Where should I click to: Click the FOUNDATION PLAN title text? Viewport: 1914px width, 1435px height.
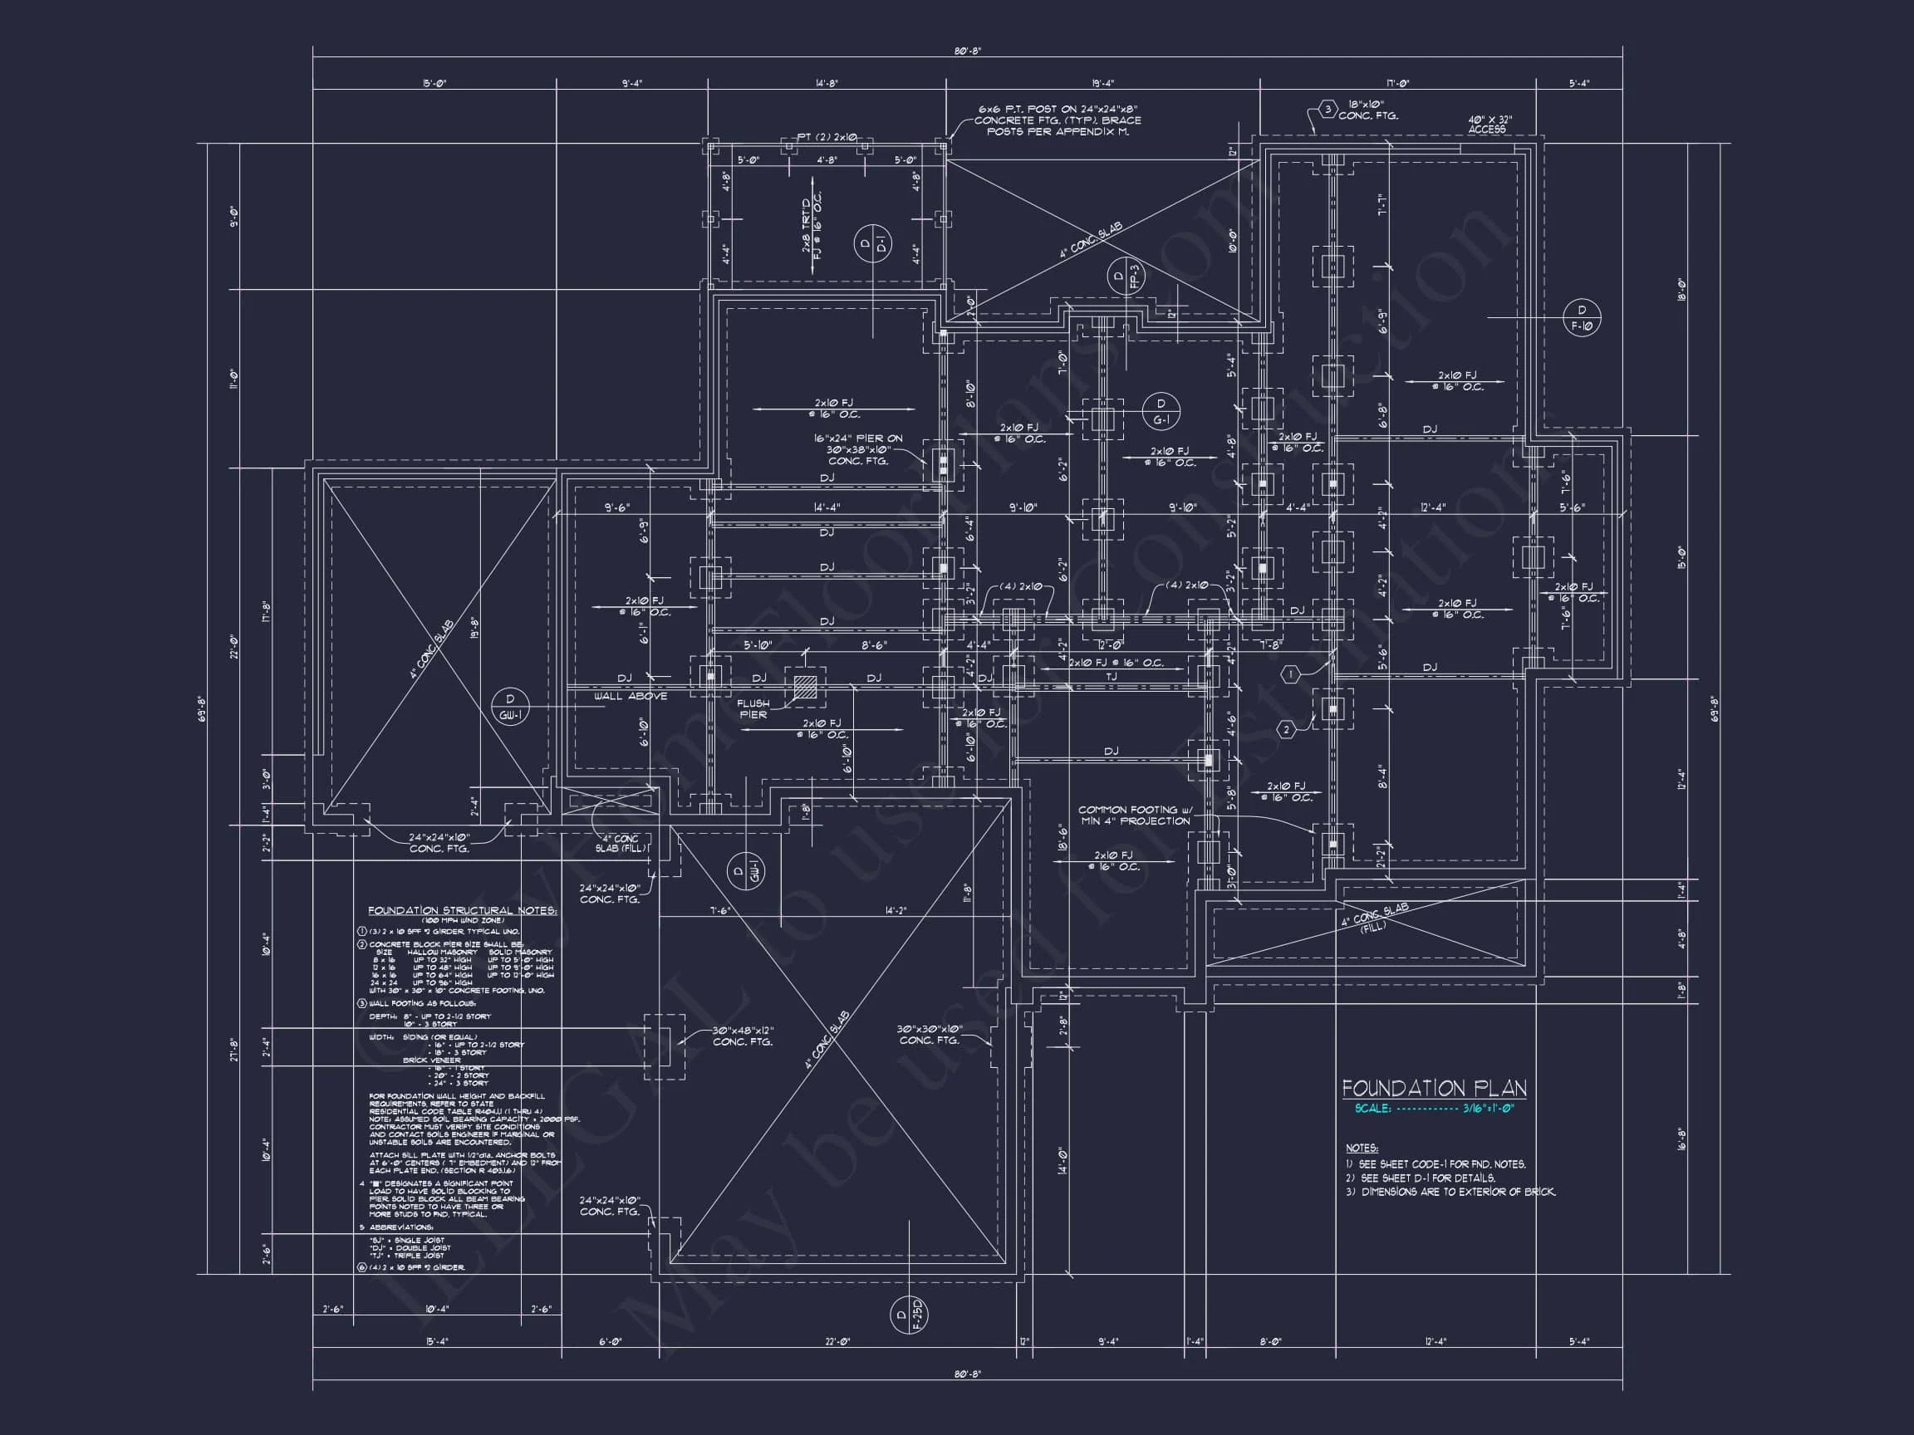[1434, 1088]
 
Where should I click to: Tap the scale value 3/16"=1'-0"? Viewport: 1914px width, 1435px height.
[1489, 1109]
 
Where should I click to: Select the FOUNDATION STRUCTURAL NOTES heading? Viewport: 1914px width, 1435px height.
[462, 911]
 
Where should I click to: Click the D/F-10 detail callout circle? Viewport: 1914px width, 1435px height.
[1583, 317]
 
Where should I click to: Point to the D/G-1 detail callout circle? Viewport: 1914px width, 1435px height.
[1161, 411]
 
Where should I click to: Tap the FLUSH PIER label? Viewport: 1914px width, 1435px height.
[752, 709]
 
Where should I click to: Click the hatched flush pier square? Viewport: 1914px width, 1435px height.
[805, 687]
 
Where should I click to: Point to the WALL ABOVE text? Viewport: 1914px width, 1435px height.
[631, 696]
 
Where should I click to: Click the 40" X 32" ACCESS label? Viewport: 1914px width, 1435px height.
[1490, 125]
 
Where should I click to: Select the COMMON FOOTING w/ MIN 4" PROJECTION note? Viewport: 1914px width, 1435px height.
[1135, 815]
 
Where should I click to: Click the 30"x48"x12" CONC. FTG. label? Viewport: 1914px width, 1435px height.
[743, 1036]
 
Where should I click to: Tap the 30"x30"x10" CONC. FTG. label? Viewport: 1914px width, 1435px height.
[929, 1035]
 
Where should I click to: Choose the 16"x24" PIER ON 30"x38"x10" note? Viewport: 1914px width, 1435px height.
[857, 450]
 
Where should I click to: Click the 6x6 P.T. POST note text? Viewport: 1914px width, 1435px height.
[1058, 120]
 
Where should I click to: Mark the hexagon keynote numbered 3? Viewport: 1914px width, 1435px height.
[1328, 109]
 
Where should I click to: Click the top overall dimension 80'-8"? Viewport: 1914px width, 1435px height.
[967, 51]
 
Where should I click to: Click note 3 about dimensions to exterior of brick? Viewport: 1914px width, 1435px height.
[1450, 1192]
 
